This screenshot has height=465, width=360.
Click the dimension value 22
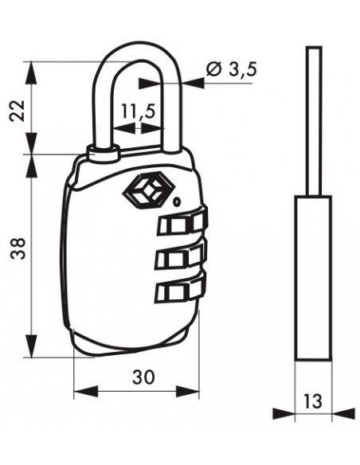pyautogui.click(x=17, y=111)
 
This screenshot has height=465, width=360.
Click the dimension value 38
pyautogui.click(x=18, y=248)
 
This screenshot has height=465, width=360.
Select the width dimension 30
pyautogui.click(x=143, y=377)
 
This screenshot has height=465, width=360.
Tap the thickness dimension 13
pyautogui.click(x=313, y=401)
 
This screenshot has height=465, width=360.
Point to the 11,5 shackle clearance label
pyautogui.click(x=139, y=111)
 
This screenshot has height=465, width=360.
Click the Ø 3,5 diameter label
pyautogui.click(x=231, y=69)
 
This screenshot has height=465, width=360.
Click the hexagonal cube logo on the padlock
pyautogui.click(x=145, y=190)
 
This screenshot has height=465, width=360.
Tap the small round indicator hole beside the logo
pyautogui.click(x=177, y=202)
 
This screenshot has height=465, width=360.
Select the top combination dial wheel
pyautogui.click(x=182, y=221)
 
